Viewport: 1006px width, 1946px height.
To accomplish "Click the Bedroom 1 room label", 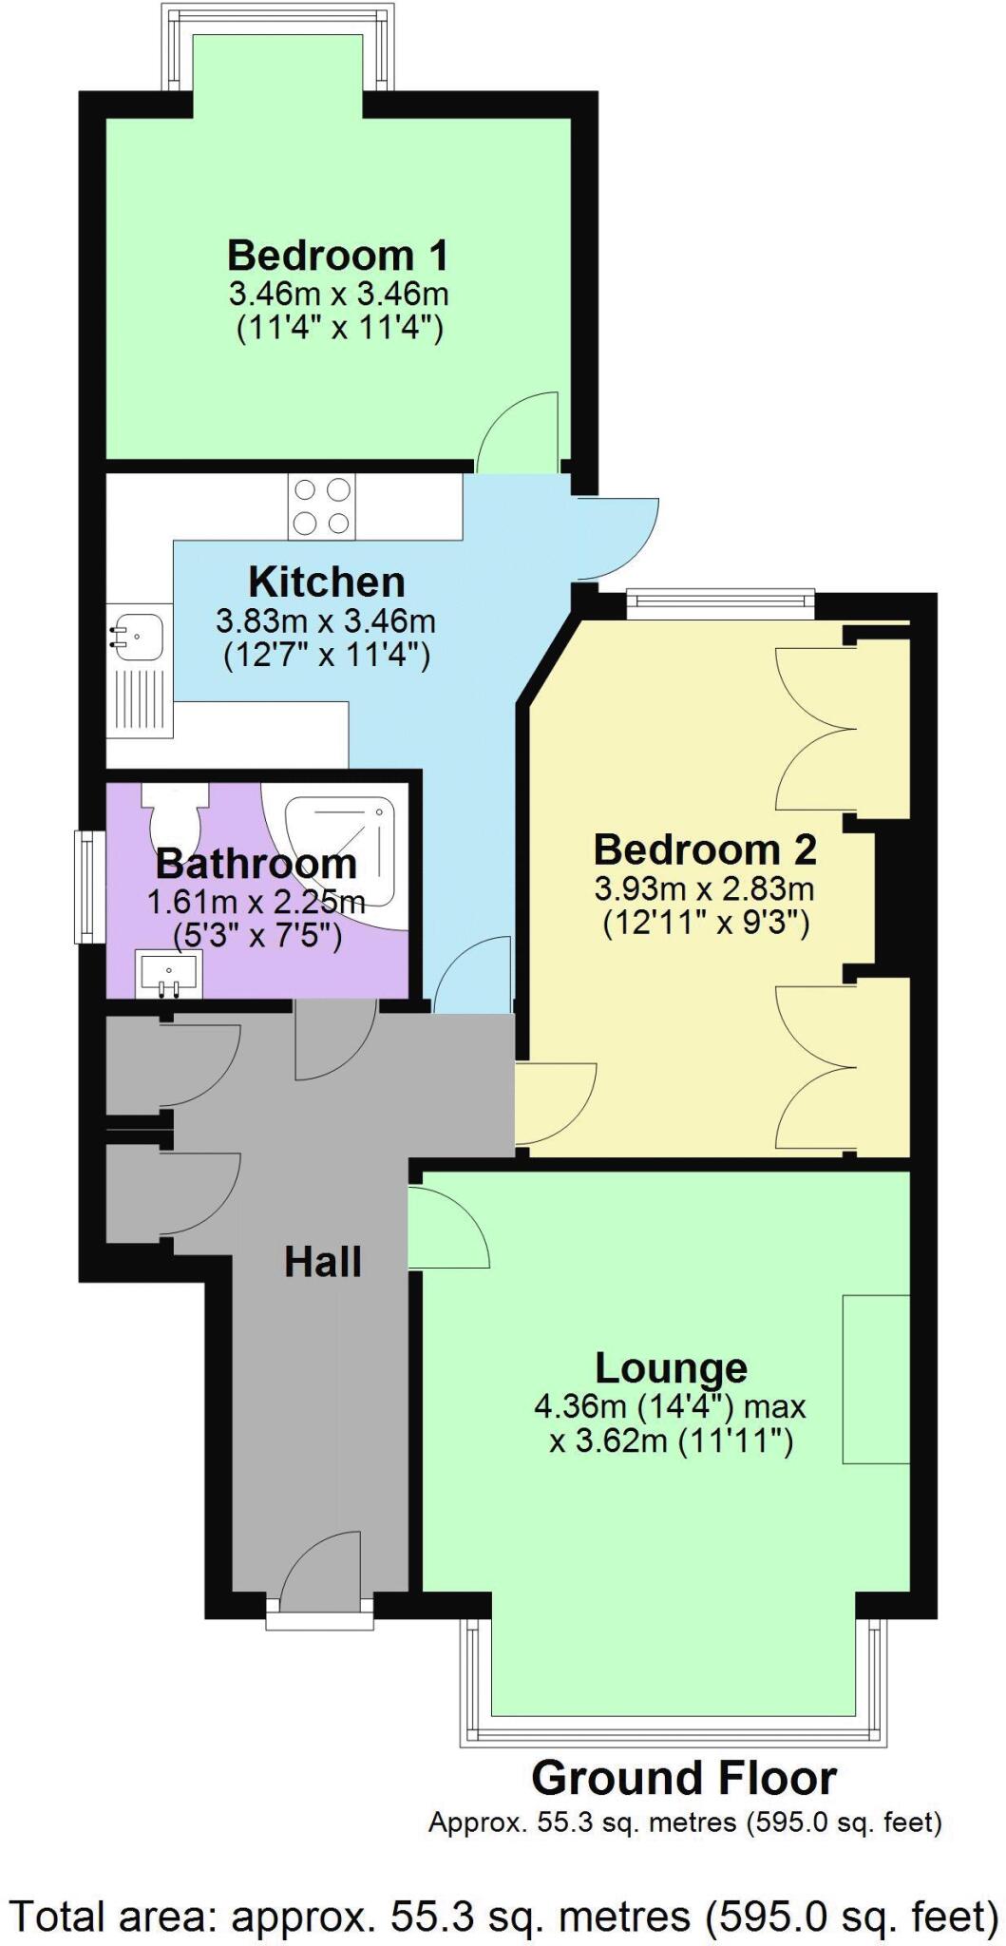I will (337, 256).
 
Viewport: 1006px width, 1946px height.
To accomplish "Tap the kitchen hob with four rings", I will (323, 506).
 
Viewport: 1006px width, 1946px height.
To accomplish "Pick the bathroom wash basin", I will (169, 974).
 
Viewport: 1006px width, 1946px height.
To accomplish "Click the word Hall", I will (323, 1262).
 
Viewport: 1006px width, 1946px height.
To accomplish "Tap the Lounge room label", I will (671, 1367).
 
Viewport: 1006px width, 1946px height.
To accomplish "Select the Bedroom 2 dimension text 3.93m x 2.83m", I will (704, 889).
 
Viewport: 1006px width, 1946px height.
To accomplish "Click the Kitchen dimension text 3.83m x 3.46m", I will (326, 621).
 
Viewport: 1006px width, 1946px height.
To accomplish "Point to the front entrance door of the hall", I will (320, 1568).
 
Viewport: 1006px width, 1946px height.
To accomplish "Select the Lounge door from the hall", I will (448, 1226).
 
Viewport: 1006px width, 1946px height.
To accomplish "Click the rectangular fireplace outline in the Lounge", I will (875, 1379).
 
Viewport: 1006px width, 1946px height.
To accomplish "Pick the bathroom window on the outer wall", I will (90, 887).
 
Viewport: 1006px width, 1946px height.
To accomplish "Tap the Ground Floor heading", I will (683, 1777).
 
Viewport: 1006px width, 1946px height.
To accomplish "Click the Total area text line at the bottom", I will (503, 1916).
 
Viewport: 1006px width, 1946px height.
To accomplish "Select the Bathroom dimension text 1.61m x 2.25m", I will (256, 902).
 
